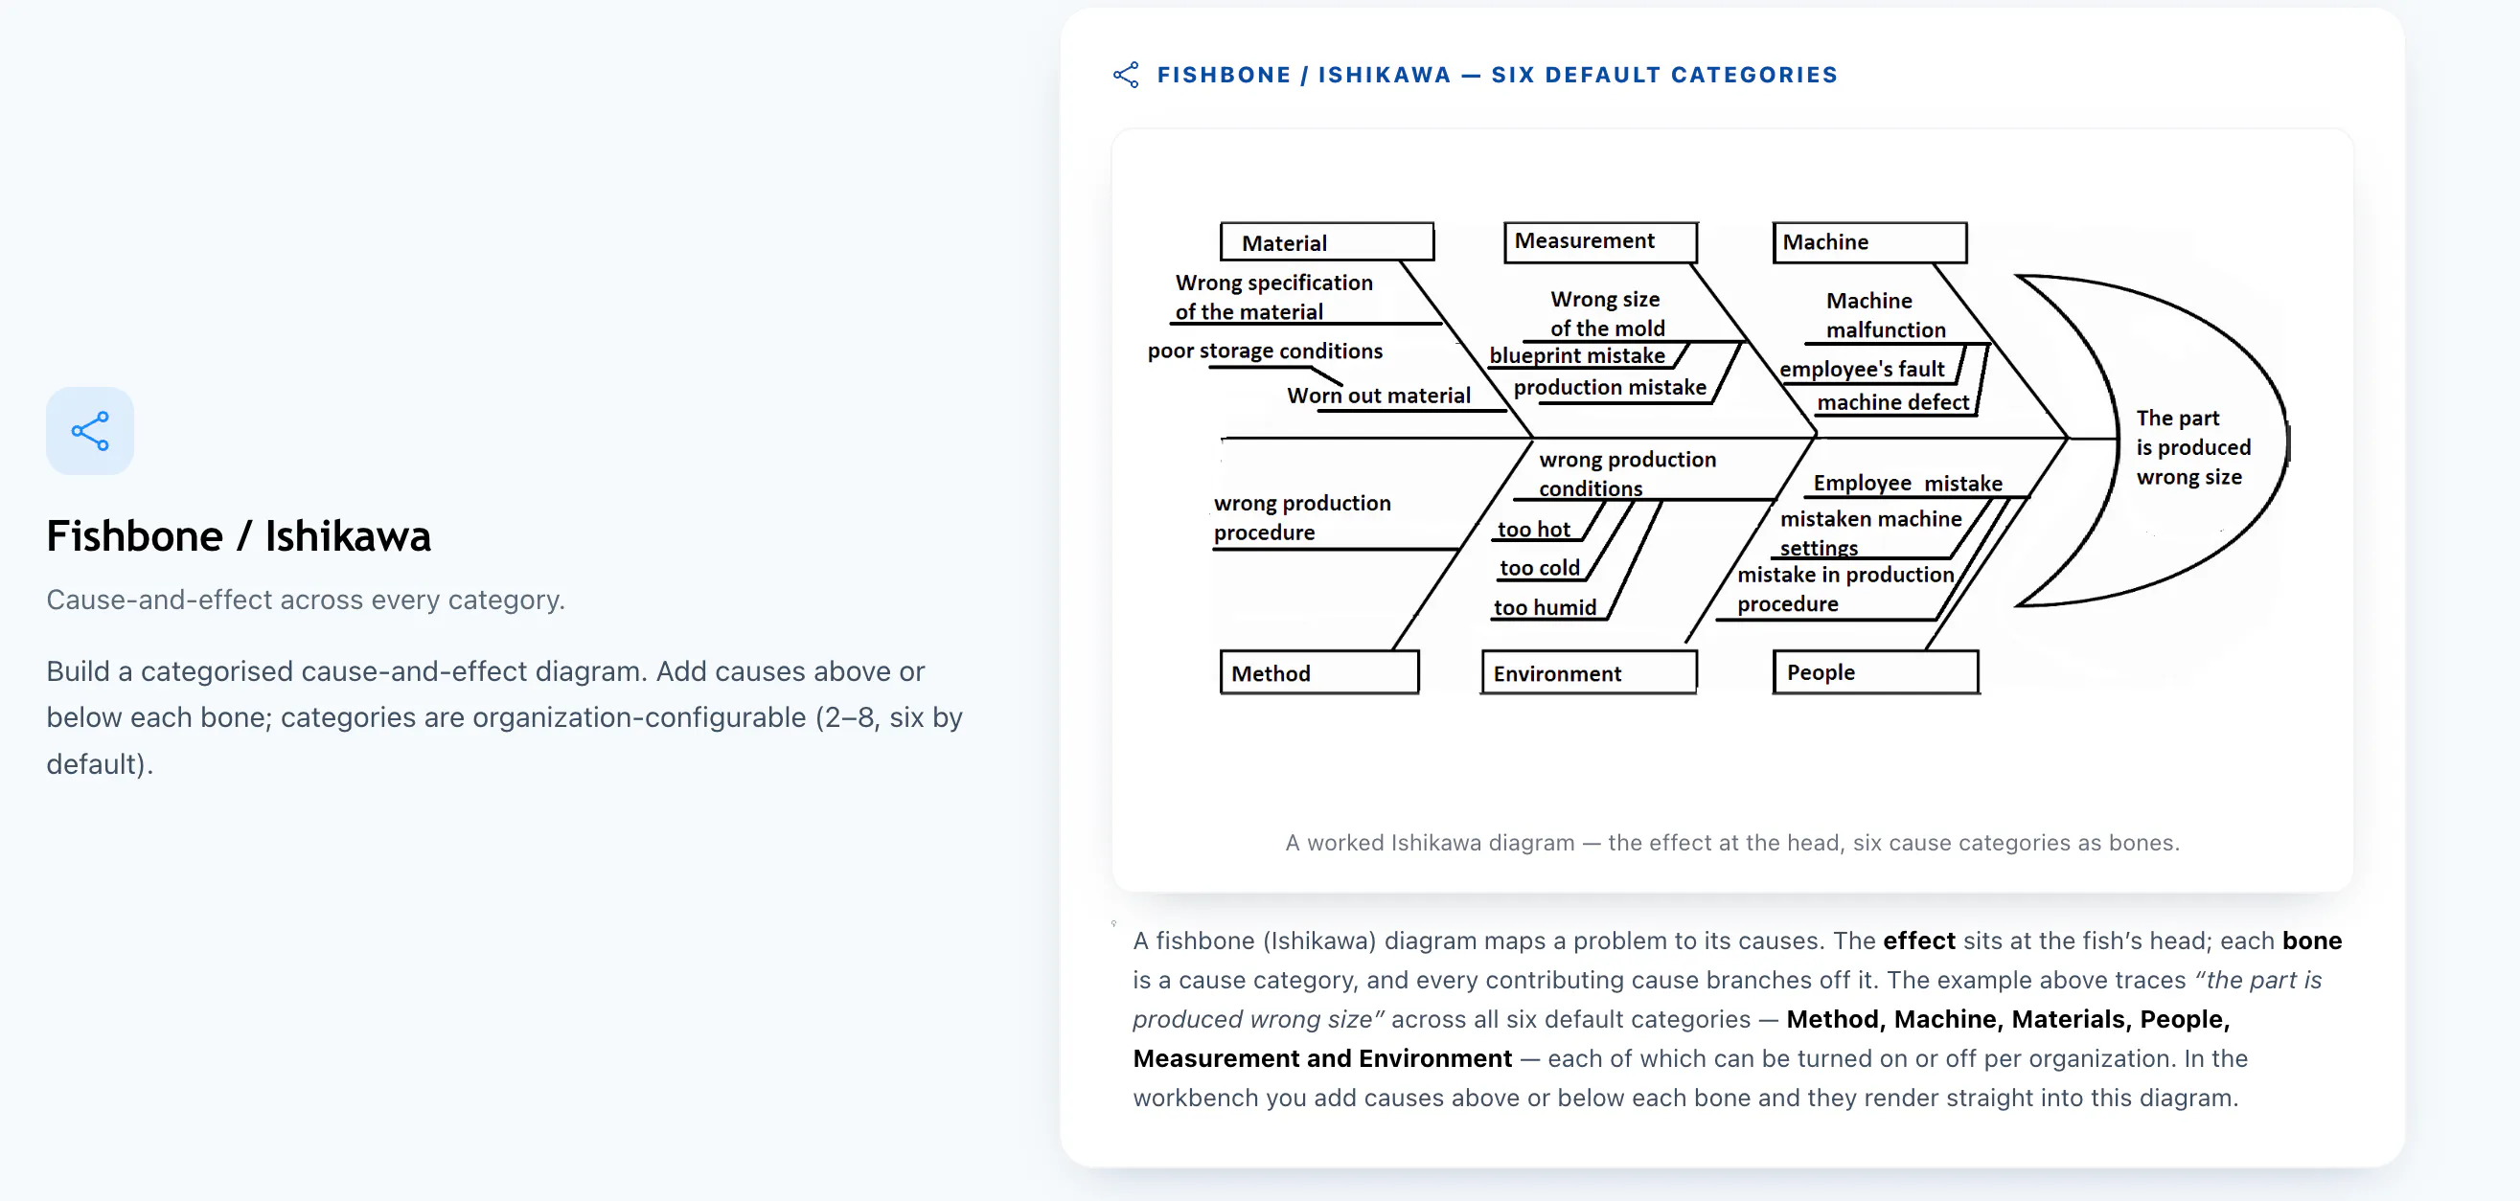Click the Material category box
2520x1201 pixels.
1326,241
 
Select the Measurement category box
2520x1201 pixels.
1600,241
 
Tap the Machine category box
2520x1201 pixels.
1869,242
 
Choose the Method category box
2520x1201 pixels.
1318,672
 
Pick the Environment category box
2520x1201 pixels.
1589,673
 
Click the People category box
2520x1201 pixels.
1875,672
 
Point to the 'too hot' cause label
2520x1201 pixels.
1533,529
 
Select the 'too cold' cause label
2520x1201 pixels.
1539,568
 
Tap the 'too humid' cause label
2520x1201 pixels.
1545,607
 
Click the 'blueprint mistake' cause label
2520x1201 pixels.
1577,355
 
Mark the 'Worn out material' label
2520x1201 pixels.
1379,396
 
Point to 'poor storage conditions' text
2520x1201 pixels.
1265,351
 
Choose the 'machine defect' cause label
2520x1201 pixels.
1893,402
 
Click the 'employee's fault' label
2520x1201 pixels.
1862,369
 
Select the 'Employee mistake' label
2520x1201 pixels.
1908,483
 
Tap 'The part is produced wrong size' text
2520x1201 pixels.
2193,447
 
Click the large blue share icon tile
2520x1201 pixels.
90,430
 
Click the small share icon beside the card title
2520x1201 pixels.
1126,75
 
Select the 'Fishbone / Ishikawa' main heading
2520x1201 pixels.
239,536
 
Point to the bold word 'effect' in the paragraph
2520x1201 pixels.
1918,940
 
